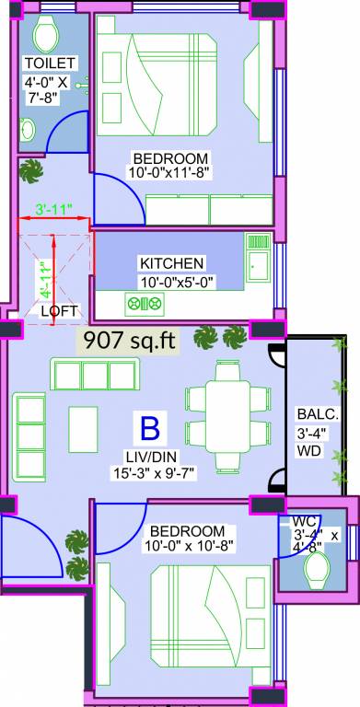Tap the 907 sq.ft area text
129,340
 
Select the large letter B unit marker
148,429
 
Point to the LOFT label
60,310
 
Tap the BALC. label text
311,413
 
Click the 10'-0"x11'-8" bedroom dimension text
170,173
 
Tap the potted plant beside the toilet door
33,168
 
